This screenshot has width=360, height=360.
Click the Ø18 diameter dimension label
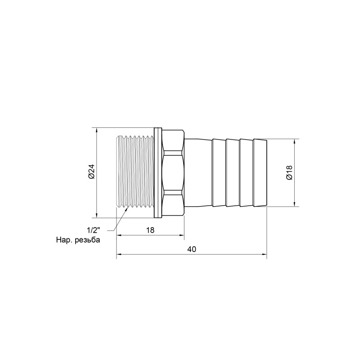[289, 173]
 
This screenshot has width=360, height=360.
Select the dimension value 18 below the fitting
[150, 230]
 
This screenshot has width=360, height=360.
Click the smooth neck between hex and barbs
[198, 173]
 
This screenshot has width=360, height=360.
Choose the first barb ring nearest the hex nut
[219, 173]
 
